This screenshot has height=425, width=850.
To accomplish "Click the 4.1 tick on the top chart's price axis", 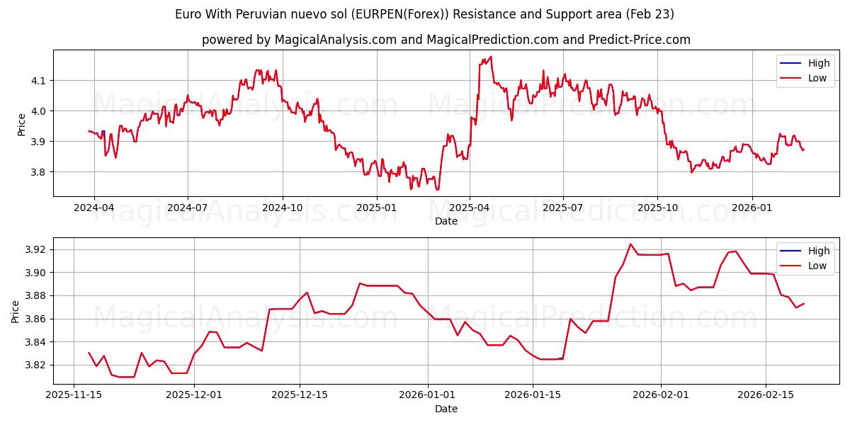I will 38,81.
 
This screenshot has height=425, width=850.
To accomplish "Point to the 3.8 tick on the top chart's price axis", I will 38,172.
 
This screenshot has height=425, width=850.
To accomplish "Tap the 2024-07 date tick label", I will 188,208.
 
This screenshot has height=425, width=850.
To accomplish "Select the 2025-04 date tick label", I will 470,208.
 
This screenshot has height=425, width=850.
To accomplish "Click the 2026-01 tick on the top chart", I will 752,208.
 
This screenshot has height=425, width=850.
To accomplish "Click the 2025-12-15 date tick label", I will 300,395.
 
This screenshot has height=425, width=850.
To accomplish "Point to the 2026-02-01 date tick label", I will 661,395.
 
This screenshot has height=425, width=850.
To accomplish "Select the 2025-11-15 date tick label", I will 74,395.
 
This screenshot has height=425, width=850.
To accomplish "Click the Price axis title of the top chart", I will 21,124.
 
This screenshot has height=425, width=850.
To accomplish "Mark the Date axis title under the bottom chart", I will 446,409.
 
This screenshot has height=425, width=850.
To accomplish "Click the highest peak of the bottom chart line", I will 630,244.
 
